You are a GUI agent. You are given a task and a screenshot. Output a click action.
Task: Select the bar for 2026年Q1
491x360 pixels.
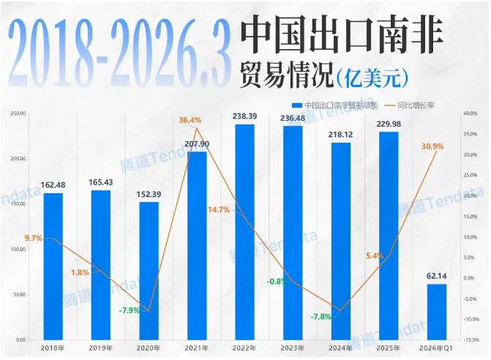[x=436, y=312]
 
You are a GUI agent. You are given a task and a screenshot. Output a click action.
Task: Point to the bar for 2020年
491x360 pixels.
[x=149, y=271]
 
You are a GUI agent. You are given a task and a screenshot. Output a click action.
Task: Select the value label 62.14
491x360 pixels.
[x=436, y=276]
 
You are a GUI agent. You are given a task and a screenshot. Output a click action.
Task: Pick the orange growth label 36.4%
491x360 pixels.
[x=190, y=120]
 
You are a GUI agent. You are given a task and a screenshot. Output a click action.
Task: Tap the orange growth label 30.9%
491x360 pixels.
[x=432, y=146]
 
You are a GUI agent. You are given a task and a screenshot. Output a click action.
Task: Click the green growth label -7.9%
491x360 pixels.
[x=130, y=310]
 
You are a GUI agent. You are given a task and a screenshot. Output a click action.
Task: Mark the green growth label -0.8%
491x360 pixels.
[x=276, y=281]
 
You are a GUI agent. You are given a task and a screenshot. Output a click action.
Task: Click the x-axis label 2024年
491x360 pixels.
[x=340, y=348]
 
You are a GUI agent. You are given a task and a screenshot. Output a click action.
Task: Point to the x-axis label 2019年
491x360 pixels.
[x=100, y=348]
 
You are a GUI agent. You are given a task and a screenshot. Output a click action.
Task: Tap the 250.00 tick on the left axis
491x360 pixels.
[x=18, y=113]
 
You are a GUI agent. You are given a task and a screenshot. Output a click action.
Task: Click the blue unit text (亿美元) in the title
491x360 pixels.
[x=372, y=75]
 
